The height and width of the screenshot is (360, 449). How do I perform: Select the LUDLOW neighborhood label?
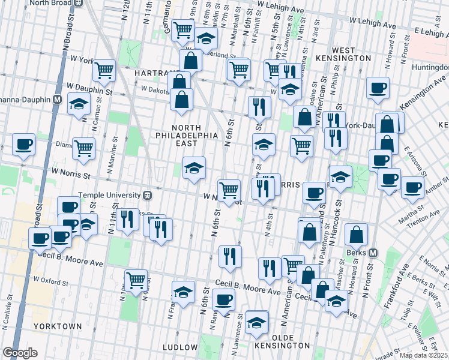coord(180,347)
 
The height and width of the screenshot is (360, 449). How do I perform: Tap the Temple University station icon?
coord(146,195)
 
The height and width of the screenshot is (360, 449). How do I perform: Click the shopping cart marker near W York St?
coord(104,71)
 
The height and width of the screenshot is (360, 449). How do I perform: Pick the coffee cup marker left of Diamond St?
coord(23,145)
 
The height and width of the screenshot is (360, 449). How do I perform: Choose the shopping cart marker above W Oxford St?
coord(136,280)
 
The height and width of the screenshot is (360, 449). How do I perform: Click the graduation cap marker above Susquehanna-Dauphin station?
coord(79,103)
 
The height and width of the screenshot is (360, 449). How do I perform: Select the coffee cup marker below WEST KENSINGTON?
coord(378,88)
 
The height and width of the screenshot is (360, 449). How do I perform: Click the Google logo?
coord(20,353)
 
